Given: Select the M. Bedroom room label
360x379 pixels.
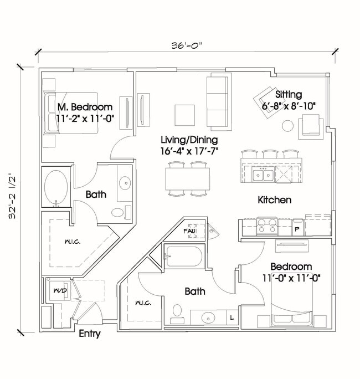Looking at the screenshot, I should coord(85,107).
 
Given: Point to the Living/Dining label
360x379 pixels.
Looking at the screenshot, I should coord(189,140).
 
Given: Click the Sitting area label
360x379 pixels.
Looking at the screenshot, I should coord(289,94).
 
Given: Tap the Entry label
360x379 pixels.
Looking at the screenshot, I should coord(89,334).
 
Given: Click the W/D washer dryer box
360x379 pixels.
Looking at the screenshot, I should coord(57,290).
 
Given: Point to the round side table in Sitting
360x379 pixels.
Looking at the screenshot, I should coord(287,126).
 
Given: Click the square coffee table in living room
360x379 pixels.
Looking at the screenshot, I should coord(185,115).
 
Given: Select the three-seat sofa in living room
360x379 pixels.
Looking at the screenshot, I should coord(217,101).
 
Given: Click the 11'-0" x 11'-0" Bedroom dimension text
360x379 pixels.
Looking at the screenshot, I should coord(292,278).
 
